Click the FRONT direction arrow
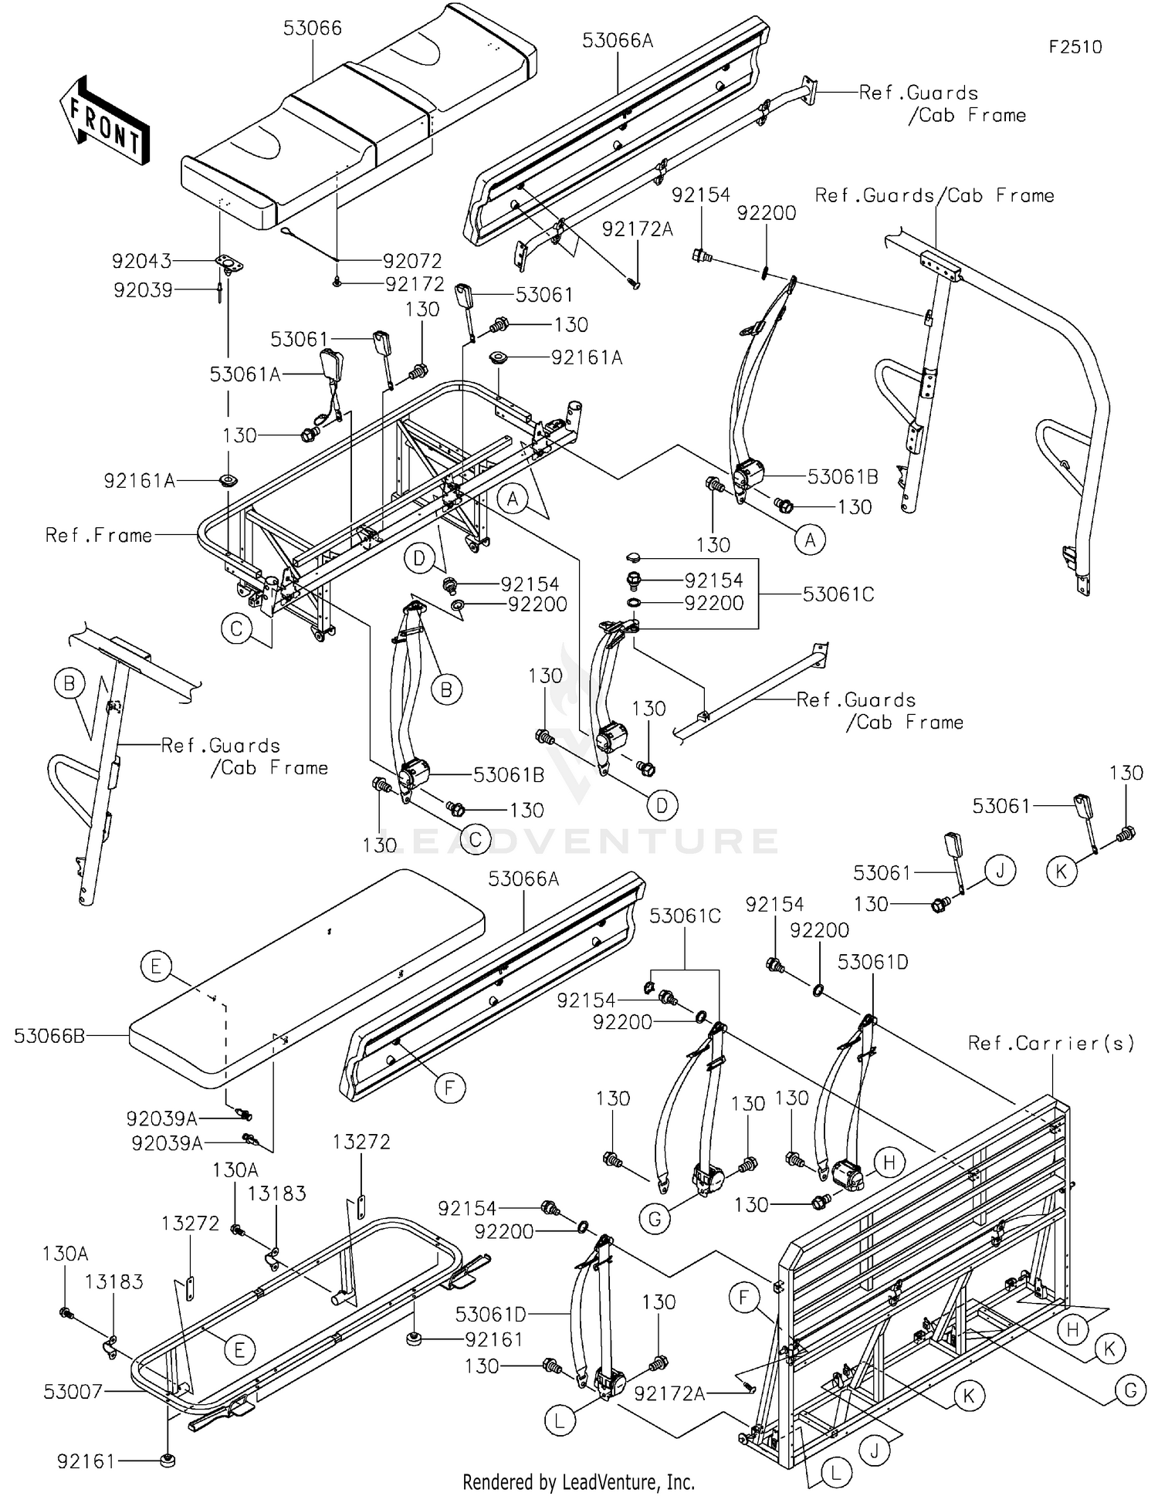(104, 120)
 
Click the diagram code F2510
(1075, 47)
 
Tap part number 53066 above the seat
(312, 28)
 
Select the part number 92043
(142, 261)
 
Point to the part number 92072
(412, 261)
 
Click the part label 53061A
(245, 374)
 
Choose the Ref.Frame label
(99, 535)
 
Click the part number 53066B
(49, 1036)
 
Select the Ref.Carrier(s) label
(1051, 1044)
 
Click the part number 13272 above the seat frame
(361, 1142)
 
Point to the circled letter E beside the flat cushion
(156, 966)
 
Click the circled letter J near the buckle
(1001, 871)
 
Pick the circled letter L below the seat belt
(560, 1420)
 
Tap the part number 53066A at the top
(618, 41)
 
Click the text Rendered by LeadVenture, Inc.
(579, 1482)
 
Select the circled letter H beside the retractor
(889, 1163)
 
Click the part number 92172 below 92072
(415, 284)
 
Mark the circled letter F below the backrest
(449, 1088)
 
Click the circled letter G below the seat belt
(655, 1219)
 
